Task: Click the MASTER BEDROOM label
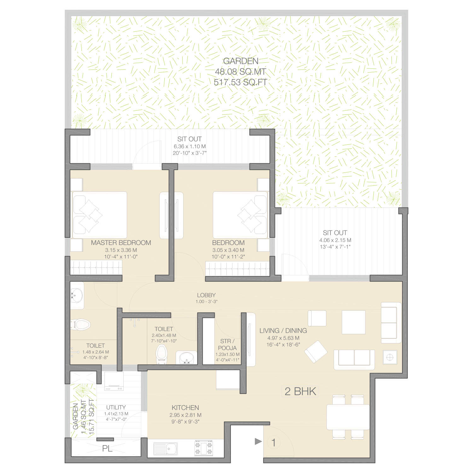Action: point(121,243)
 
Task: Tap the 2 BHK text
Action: point(300,391)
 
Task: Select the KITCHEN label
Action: point(185,408)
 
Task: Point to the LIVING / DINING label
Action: point(283,331)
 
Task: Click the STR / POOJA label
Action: point(227,345)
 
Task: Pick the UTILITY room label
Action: point(116,407)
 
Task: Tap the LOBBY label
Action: point(206,295)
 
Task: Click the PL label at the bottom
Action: point(107,448)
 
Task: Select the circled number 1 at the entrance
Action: point(274,442)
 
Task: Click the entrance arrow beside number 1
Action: point(258,441)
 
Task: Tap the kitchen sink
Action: point(166,448)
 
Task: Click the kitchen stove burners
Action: point(204,448)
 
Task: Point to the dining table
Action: point(348,417)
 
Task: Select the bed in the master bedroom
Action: point(100,215)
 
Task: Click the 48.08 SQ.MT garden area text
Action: point(241,72)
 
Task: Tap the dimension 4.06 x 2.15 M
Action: point(335,240)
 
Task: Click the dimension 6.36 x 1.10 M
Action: point(190,147)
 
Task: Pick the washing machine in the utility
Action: point(114,381)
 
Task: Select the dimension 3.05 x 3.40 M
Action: point(228,250)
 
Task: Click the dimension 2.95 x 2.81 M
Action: point(185,415)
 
